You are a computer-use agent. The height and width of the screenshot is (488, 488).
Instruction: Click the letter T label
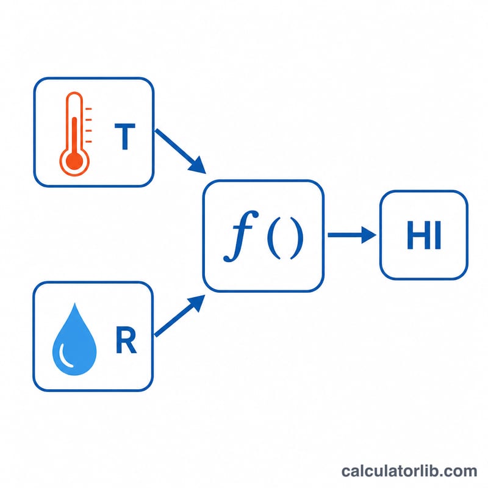125,137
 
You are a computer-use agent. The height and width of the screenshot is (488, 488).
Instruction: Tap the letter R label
126,340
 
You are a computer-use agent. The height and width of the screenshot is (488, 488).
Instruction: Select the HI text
424,235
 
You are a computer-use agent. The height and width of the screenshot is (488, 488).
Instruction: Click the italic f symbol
241,236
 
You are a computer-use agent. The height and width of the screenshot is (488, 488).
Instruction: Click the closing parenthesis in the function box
296,237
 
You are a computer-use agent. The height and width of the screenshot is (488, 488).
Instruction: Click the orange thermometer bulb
74,161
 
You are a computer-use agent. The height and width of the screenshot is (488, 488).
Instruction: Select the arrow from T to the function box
181,151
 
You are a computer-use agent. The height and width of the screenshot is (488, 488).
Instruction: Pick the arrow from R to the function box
180,315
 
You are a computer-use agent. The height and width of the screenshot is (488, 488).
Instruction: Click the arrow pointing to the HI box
352,235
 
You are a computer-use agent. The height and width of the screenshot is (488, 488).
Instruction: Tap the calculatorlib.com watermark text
409,471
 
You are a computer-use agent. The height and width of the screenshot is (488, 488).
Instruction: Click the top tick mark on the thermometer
88,109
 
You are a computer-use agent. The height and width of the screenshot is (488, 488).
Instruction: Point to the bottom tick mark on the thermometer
88,142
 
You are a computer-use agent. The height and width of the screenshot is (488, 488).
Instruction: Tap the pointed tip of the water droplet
74,304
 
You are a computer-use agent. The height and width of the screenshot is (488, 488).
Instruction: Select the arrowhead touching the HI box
369,235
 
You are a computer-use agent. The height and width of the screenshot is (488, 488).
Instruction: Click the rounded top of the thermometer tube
74,93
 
